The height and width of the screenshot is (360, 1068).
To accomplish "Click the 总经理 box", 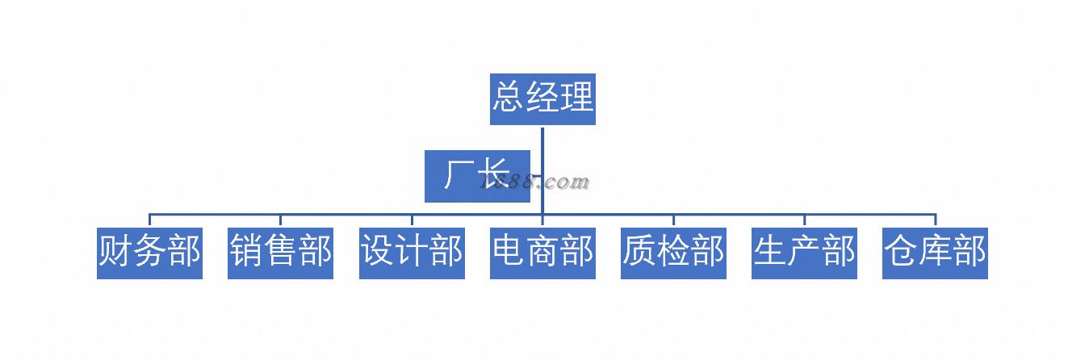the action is click(x=542, y=99).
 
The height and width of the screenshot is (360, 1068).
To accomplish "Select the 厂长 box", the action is click(x=477, y=176).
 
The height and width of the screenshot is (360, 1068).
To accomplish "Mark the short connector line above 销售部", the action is click(x=280, y=220).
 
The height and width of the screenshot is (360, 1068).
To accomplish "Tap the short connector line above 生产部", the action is click(x=804, y=220).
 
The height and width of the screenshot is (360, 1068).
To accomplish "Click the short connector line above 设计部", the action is click(x=412, y=220).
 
